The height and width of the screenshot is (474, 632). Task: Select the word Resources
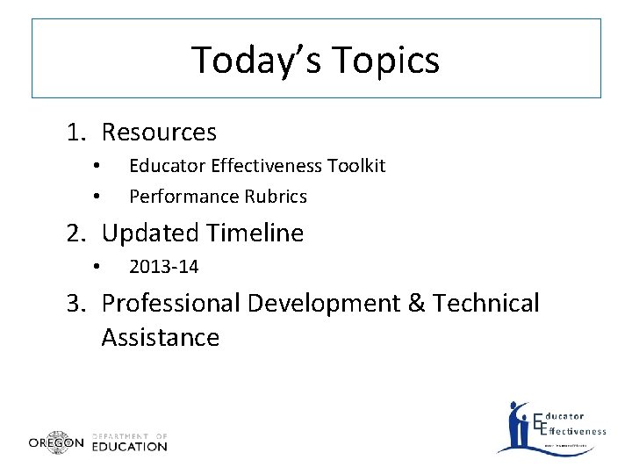click(x=159, y=133)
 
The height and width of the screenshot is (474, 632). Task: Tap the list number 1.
click(x=76, y=133)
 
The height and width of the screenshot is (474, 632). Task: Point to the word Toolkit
click(x=355, y=166)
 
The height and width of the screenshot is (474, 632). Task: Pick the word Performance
click(x=184, y=197)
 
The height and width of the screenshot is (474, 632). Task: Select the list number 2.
click(x=76, y=233)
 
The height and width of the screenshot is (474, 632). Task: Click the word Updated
click(x=150, y=233)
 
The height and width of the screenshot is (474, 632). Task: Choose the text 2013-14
click(x=164, y=267)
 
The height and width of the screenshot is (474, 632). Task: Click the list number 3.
click(x=76, y=304)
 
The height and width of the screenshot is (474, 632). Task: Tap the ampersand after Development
click(x=391, y=304)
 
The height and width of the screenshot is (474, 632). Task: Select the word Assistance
click(x=160, y=337)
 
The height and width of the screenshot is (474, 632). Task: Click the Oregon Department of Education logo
click(x=97, y=442)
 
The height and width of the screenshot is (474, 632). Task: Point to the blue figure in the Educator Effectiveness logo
click(x=517, y=426)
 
